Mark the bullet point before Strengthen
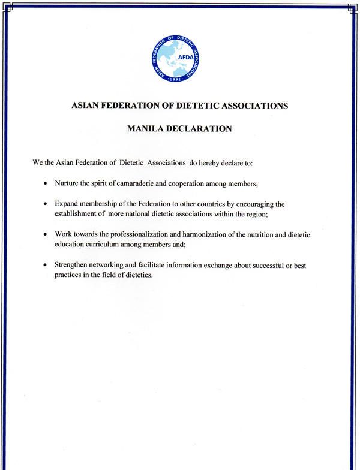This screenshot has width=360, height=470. tap(46, 264)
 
